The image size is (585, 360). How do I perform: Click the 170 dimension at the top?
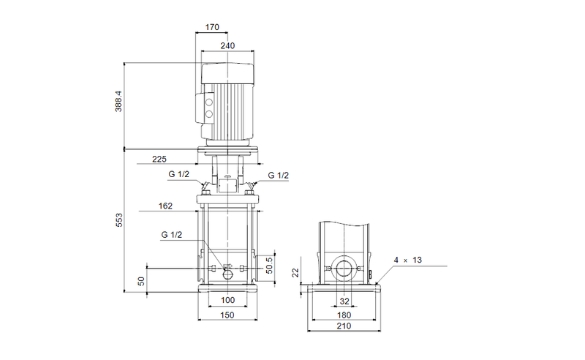tap(212, 28)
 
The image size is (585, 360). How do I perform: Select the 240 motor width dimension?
tap(228, 45)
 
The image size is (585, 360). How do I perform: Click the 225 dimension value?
tap(160, 159)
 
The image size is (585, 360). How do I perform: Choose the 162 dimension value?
tap(165, 206)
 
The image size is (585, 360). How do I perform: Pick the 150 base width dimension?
tap(227, 315)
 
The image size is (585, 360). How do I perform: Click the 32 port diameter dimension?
tap(344, 301)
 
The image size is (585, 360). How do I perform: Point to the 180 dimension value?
tap(344, 315)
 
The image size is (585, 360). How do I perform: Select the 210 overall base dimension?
tap(344, 329)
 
